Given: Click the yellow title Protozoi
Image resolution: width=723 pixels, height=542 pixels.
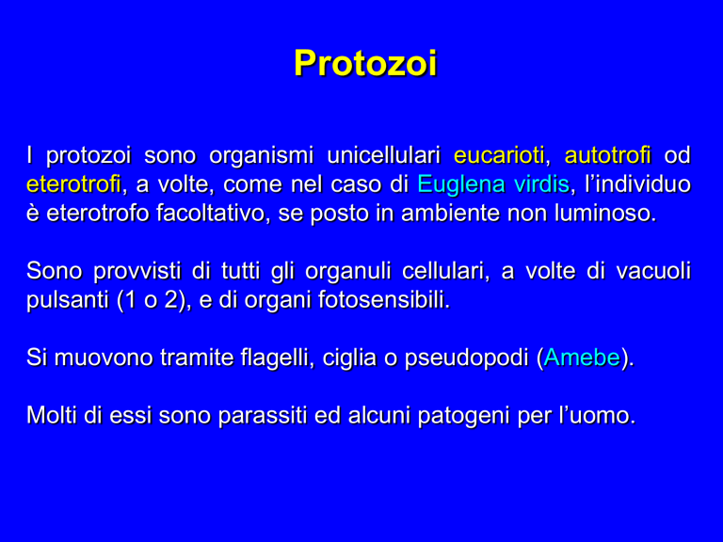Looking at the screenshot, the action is click(x=365, y=63).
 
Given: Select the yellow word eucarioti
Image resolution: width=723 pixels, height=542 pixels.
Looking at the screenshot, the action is click(x=499, y=155).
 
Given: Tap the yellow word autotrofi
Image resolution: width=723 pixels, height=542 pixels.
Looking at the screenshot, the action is click(x=608, y=155).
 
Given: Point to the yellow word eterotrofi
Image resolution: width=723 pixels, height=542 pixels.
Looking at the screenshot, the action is click(x=73, y=184).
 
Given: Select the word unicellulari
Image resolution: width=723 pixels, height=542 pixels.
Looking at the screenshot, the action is click(x=384, y=155).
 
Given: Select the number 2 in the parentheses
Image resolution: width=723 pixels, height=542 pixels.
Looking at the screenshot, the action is click(x=170, y=300).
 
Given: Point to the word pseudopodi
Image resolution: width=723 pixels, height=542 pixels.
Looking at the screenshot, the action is click(x=467, y=359).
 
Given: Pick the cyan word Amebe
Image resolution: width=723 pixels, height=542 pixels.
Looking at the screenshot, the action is click(x=582, y=358).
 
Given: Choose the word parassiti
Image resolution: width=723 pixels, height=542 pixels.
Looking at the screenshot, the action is click(x=263, y=416).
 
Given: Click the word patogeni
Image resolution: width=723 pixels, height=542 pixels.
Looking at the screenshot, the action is click(x=464, y=416).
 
